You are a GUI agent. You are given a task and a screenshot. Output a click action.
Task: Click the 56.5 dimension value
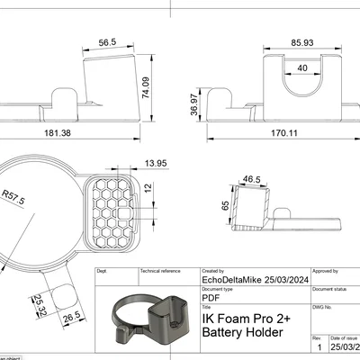(108, 42)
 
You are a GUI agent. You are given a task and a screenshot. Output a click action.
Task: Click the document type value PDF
(211, 296)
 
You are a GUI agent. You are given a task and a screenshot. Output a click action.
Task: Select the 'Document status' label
(330, 289)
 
